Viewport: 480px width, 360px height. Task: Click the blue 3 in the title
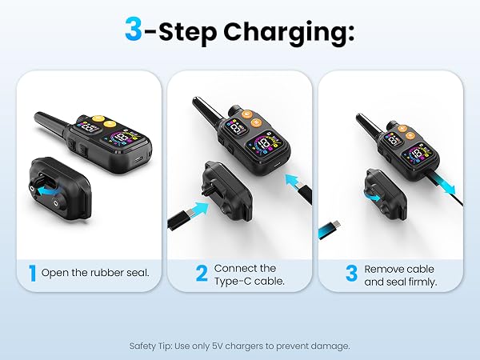coord(134,29)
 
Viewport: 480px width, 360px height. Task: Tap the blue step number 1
coord(32,273)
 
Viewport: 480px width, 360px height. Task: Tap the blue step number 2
coord(202,273)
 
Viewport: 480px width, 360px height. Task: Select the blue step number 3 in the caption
coord(351,273)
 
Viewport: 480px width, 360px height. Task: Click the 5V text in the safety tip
coord(218,346)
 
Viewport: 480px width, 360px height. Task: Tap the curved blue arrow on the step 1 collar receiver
coord(49,190)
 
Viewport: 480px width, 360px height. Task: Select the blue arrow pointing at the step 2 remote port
coord(294,182)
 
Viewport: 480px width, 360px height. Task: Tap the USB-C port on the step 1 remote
coord(138,159)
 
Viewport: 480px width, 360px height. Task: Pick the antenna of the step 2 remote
coord(206,111)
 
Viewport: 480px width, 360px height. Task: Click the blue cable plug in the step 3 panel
coord(329,230)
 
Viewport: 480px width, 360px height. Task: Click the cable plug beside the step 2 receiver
coord(180,218)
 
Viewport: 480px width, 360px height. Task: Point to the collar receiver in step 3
coord(386,194)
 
